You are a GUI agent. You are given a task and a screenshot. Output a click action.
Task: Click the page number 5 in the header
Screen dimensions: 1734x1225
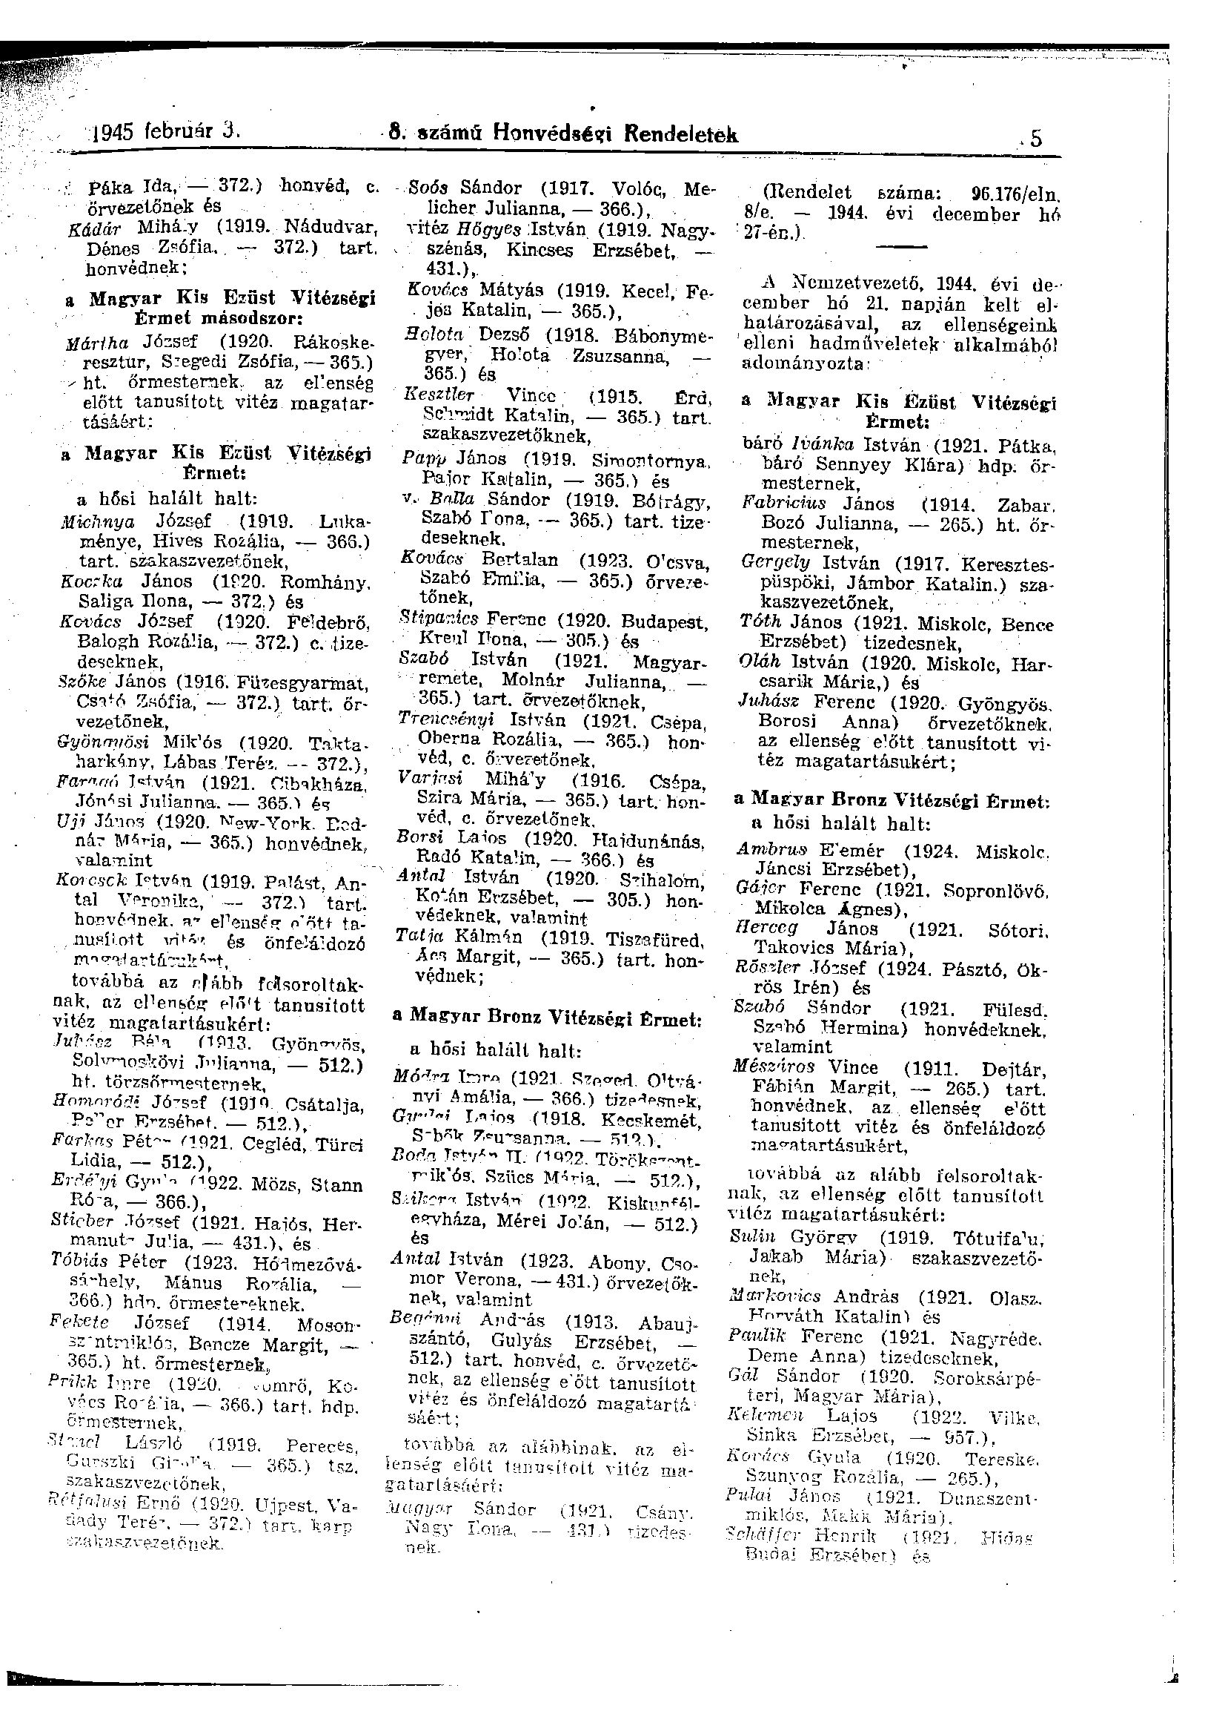click(1035, 139)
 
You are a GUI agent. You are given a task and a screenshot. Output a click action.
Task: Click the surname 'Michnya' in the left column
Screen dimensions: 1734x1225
click(98, 521)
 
